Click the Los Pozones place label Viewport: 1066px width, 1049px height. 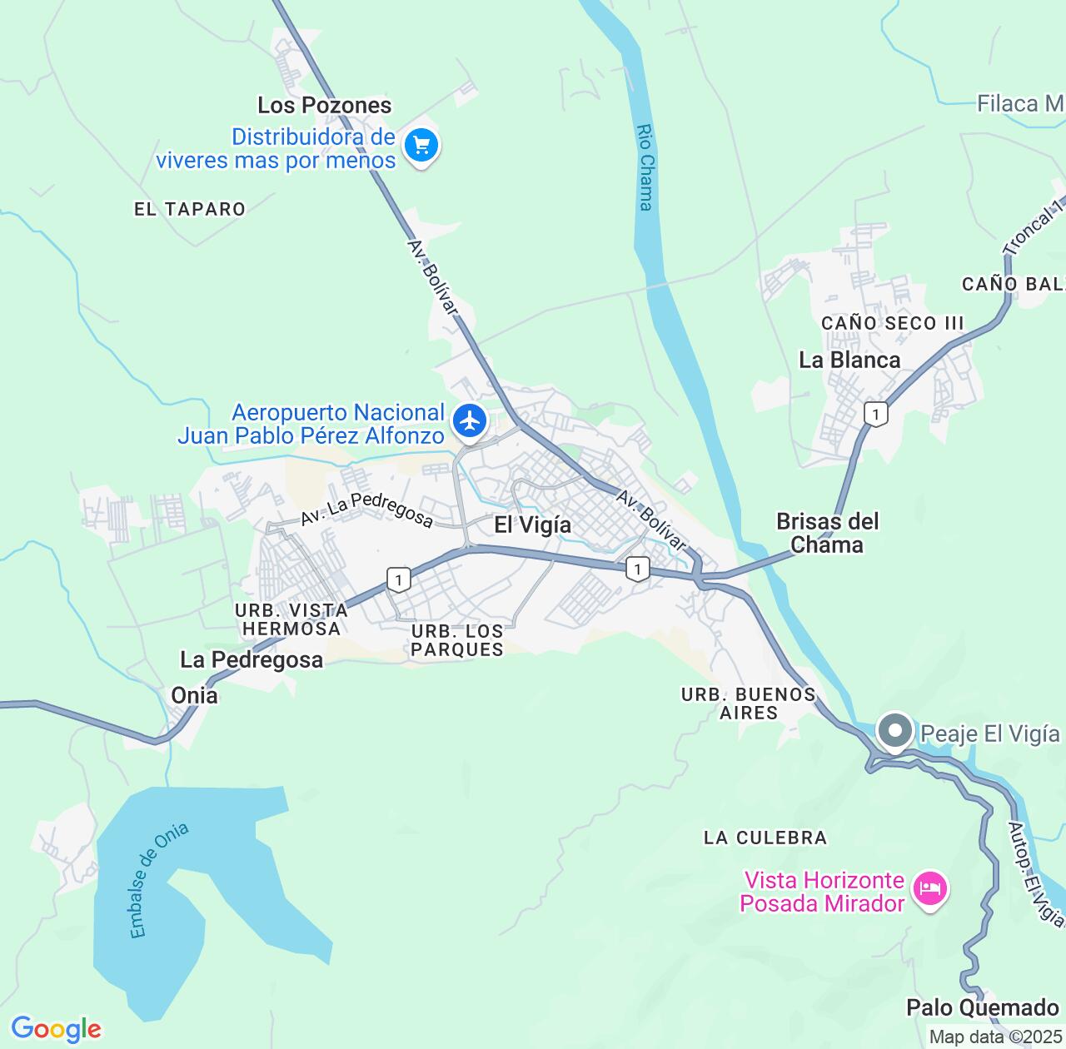324,106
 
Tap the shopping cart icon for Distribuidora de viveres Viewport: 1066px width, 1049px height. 421,147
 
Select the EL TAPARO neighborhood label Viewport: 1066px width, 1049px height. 190,209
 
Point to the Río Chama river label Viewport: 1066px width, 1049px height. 645,167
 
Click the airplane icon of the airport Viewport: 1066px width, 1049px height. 471,420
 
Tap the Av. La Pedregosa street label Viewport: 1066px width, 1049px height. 366,509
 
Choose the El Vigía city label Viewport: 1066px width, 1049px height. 533,524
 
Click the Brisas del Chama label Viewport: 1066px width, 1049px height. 827,533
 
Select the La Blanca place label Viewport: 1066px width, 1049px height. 849,360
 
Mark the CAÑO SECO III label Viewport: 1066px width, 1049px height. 892,323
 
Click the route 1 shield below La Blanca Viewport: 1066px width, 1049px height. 874,413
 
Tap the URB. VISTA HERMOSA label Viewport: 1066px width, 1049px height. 291,619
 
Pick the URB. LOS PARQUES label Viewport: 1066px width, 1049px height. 457,640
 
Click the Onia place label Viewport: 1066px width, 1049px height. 194,695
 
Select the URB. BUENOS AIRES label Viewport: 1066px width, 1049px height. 748,703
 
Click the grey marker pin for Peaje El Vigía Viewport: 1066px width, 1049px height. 895,732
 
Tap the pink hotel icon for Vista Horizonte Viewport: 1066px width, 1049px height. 929,889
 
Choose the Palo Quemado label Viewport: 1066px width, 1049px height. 982,1008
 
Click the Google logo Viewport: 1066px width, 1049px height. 56,1029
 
